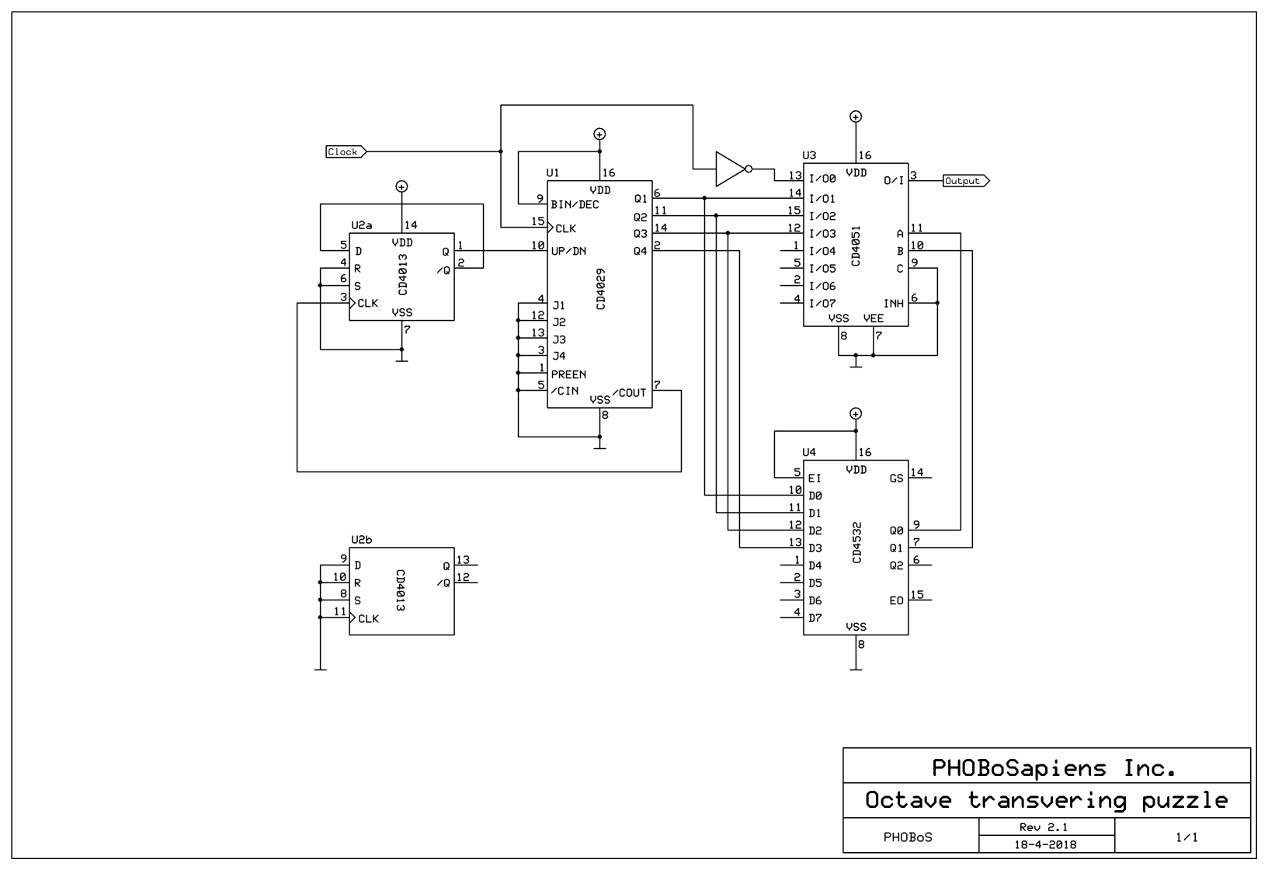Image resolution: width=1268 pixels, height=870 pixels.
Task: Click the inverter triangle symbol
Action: click(730, 169)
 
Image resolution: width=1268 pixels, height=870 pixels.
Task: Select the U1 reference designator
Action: click(553, 172)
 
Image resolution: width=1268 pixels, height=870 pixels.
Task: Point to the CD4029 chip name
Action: click(601, 290)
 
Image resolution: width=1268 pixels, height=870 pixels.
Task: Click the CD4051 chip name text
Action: click(856, 247)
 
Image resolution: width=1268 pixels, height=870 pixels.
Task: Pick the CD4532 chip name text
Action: click(856, 543)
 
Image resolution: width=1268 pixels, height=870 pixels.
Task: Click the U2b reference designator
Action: click(362, 539)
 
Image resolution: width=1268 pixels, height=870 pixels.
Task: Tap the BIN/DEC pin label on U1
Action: click(575, 205)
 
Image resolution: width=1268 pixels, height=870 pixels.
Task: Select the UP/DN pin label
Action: click(568, 251)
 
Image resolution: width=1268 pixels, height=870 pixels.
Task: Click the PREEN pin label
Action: click(568, 374)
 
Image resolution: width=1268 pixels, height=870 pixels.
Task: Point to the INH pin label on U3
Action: click(894, 304)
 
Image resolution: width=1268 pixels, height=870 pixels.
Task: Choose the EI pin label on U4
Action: click(815, 478)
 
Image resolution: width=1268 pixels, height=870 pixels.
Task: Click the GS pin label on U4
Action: click(897, 478)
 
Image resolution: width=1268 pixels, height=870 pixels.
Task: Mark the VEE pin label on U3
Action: click(874, 318)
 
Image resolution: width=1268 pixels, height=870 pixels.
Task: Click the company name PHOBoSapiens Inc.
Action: click(1054, 768)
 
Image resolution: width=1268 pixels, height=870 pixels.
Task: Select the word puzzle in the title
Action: click(1185, 800)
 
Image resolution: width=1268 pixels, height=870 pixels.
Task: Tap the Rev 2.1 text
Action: click(1044, 827)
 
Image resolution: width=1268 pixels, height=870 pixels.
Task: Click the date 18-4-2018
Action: click(1045, 844)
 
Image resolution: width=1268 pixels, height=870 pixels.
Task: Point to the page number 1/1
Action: click(1186, 837)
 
